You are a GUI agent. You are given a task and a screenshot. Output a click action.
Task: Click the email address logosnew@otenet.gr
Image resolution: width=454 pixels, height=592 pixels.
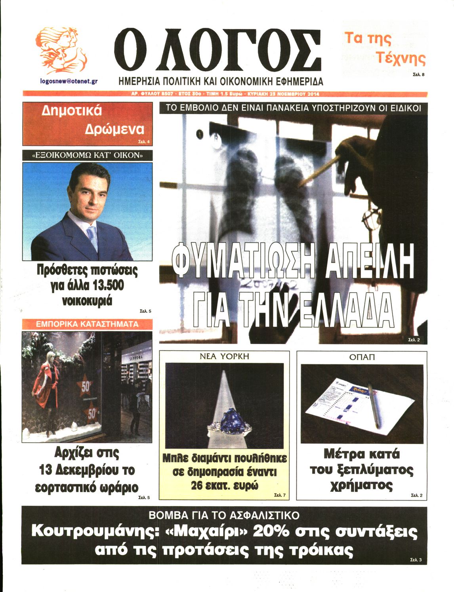pyautogui.click(x=69, y=81)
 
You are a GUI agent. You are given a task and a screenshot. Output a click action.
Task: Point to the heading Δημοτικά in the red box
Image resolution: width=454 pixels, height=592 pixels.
pyautogui.click(x=71, y=111)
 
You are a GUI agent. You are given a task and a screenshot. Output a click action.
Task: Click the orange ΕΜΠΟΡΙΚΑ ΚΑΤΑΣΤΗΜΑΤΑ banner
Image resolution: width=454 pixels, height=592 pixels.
pyautogui.click(x=87, y=324)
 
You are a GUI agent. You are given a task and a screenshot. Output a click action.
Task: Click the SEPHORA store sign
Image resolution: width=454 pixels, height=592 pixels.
pyautogui.click(x=137, y=356)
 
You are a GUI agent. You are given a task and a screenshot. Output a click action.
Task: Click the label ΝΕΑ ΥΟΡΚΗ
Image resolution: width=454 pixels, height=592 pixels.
pyautogui.click(x=224, y=356)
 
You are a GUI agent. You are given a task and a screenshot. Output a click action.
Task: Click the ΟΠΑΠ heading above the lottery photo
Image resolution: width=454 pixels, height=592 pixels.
pyautogui.click(x=362, y=357)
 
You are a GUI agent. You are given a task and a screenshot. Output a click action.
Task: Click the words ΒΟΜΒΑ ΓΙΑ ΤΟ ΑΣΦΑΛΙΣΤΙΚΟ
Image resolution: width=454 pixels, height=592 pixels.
pyautogui.click(x=224, y=515)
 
